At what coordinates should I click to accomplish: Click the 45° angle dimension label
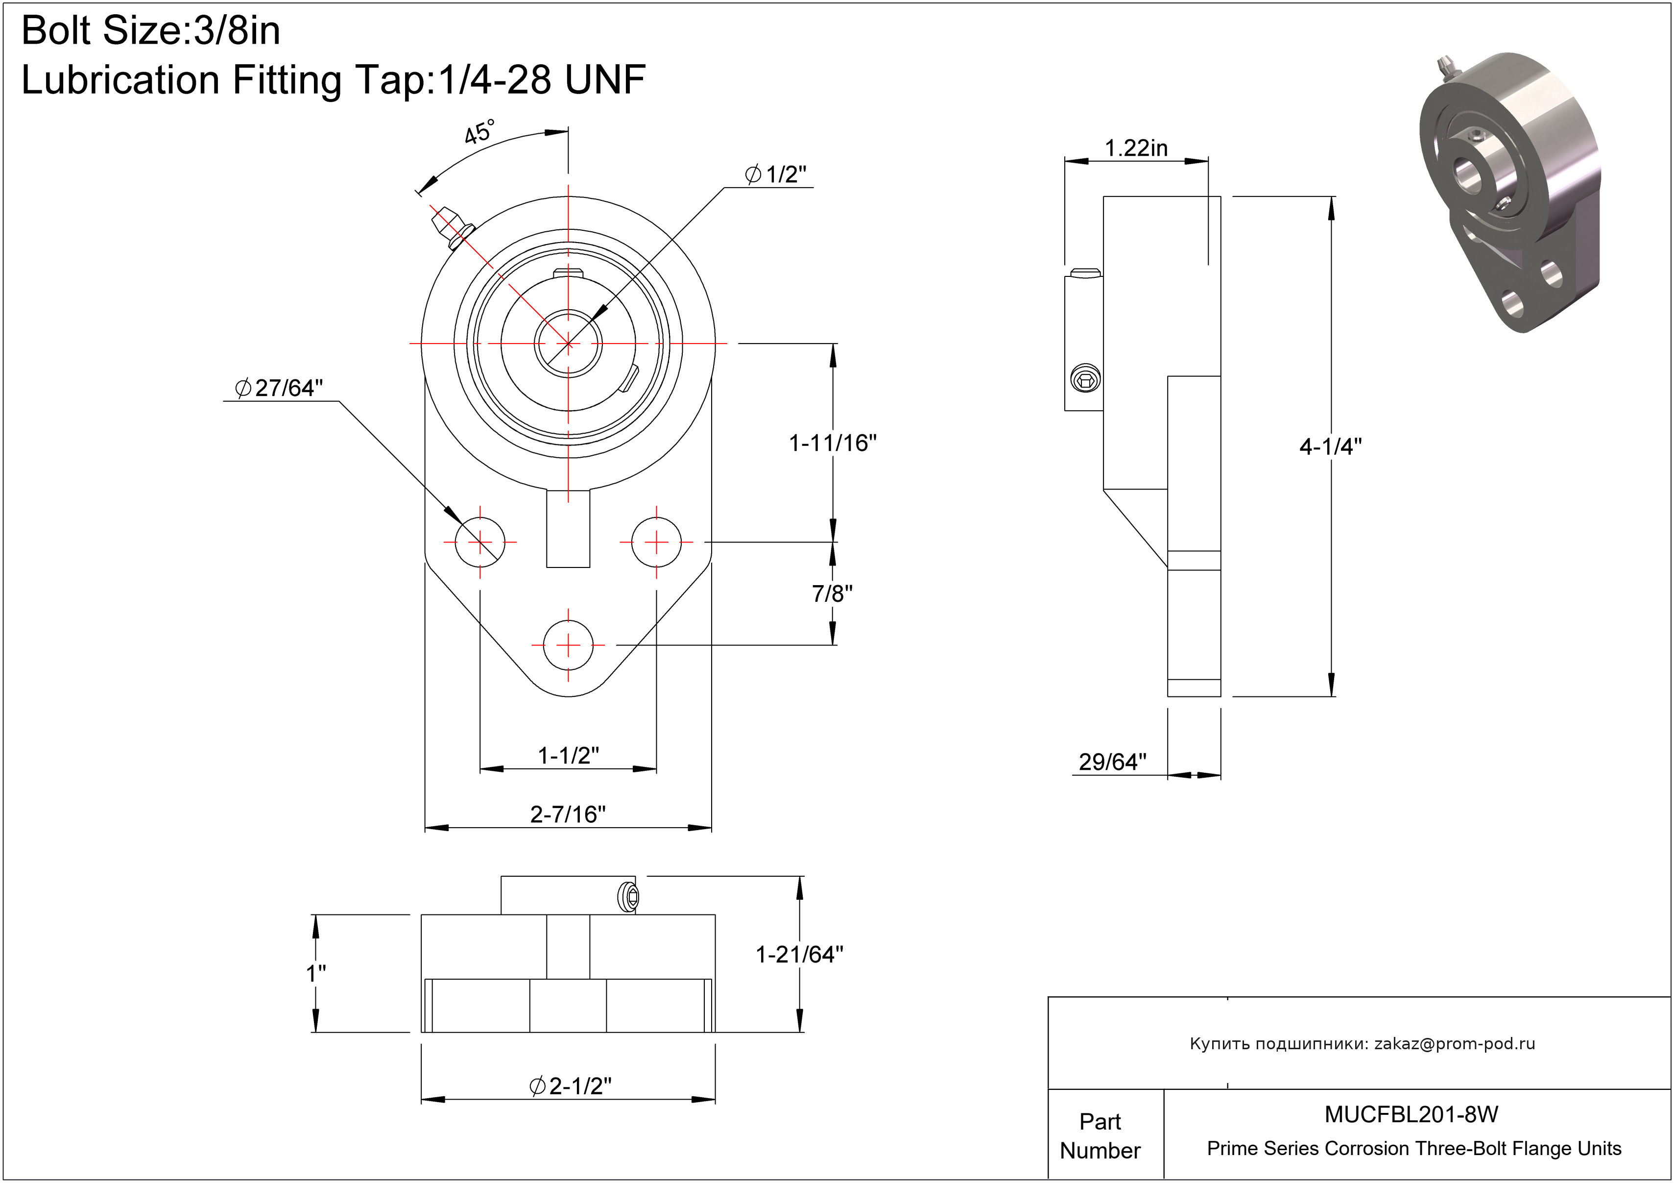tap(480, 132)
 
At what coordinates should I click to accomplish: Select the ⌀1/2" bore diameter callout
tap(776, 174)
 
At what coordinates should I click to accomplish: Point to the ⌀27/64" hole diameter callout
tap(279, 388)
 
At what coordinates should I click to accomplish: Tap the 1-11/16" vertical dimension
tap(833, 443)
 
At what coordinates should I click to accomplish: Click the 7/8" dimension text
tap(833, 593)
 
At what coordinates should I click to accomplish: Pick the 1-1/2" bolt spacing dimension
tap(569, 756)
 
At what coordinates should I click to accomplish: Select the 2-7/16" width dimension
tap(568, 814)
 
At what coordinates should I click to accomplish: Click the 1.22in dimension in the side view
tap(1136, 148)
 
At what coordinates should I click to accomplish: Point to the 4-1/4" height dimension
tap(1331, 446)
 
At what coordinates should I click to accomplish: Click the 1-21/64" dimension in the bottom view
tap(800, 954)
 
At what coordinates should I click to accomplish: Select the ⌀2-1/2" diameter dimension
tap(570, 1086)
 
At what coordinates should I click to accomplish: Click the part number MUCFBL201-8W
tap(1411, 1114)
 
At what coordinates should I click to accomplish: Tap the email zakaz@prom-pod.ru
tap(1455, 1044)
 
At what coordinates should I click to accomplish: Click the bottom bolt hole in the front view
tap(569, 645)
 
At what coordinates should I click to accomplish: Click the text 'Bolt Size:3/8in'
tap(151, 31)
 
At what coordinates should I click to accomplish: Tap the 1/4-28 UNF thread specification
tap(542, 79)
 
